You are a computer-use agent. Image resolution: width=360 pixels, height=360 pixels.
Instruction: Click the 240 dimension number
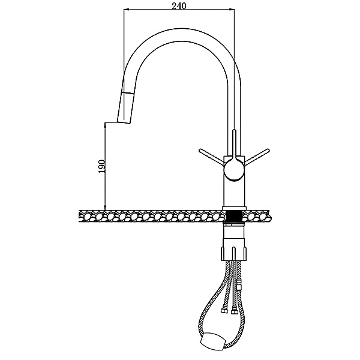coord(179,6)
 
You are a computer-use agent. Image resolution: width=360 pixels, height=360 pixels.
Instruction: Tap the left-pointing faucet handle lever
coord(211,157)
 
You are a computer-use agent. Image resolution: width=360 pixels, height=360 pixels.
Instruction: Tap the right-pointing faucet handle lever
coord(257,157)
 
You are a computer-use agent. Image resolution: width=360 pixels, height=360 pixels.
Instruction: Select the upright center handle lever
coord(234,144)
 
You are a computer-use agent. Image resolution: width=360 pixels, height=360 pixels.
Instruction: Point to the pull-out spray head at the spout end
coord(125,107)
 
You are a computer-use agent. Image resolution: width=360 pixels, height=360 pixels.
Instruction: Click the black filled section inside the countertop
coord(234,217)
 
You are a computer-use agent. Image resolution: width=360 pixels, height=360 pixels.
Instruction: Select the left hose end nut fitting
coord(223,311)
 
